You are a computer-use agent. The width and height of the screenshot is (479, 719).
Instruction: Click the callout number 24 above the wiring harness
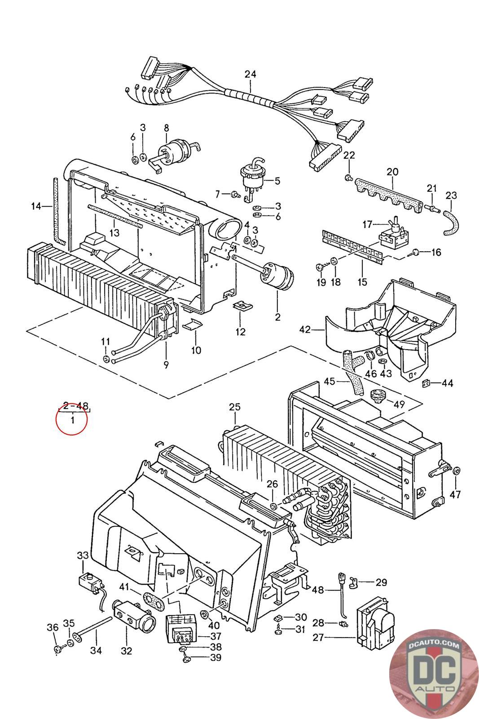point(250,74)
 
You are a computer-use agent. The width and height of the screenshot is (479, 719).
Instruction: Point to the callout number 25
point(234,407)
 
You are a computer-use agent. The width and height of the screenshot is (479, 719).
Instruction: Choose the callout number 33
point(83,555)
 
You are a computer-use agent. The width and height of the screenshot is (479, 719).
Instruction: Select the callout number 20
point(392,172)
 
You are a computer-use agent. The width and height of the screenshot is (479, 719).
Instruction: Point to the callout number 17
point(368,224)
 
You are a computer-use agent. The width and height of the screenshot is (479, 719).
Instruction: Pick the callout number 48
point(318,589)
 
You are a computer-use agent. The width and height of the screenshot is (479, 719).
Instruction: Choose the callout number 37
point(216,637)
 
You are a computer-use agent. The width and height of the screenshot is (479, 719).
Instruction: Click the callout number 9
point(166,364)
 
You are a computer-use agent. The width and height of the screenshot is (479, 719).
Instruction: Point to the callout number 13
point(114,233)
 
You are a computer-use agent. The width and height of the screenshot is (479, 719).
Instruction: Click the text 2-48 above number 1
point(75,406)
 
